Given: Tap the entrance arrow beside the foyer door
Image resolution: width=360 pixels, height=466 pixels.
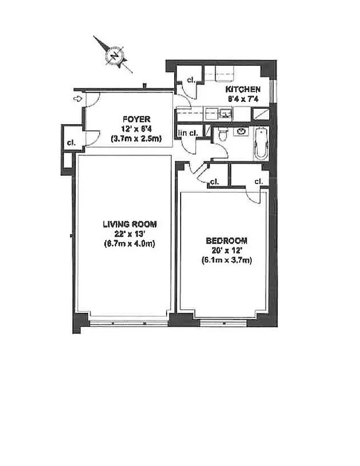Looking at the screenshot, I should [76, 99].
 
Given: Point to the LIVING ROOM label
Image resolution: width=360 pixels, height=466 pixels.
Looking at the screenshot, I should [129, 224].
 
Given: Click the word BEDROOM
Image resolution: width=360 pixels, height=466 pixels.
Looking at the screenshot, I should [227, 241].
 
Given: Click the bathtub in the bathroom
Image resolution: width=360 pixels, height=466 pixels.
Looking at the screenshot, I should [260, 143].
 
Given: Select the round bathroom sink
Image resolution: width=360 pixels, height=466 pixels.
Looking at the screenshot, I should [239, 132].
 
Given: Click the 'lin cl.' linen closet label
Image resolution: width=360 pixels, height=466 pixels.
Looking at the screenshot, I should [188, 133].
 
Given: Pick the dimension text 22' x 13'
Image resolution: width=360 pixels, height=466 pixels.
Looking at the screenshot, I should [129, 234].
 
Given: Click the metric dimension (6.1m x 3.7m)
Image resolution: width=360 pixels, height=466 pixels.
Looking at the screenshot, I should [227, 260].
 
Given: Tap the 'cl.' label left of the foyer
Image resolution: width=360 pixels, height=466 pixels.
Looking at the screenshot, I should [71, 142].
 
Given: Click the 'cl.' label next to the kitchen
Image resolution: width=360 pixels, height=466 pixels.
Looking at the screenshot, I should [190, 81].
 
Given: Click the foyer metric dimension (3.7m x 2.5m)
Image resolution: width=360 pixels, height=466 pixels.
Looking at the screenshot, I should [137, 139].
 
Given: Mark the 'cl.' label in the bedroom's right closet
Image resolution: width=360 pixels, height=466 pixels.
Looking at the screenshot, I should [258, 181].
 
